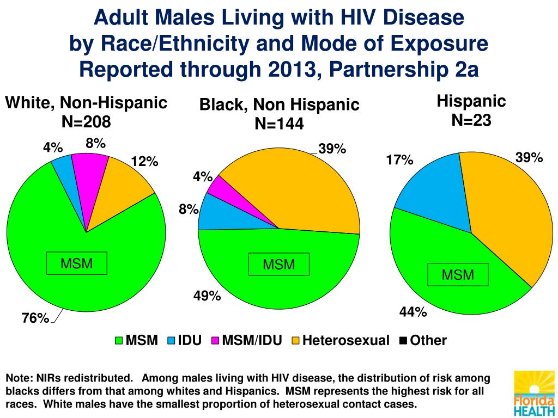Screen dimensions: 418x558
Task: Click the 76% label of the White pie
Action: coord(35,318)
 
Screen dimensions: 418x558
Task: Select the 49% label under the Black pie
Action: coord(207,296)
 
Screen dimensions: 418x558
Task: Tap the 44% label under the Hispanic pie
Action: coord(413,312)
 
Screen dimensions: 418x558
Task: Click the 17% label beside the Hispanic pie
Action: coord(399,160)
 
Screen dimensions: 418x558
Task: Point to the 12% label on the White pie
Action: coord(144,162)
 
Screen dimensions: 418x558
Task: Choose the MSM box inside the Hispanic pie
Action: coord(458,275)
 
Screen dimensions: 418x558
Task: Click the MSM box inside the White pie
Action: coord(76,264)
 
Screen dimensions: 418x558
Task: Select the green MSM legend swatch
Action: coord(119,341)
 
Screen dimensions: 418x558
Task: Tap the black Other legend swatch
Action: coord(403,341)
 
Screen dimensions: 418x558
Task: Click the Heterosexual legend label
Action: coord(346,341)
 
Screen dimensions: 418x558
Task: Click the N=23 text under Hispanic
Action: coord(471,120)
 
